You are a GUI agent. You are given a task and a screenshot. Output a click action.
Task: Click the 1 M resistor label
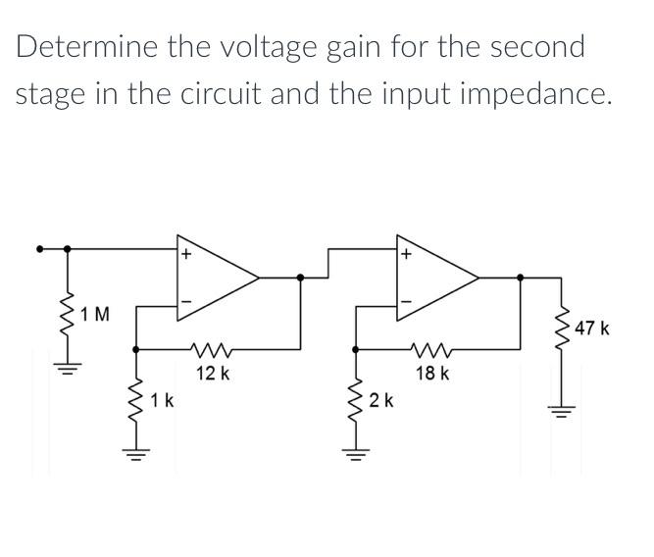(x=96, y=315)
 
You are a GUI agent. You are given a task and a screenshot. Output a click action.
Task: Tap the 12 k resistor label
(x=213, y=374)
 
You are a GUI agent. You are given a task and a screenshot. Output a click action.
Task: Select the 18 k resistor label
(x=431, y=374)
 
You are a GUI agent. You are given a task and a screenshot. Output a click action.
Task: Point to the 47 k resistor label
(x=592, y=328)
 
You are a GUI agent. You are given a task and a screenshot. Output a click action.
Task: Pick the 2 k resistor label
(x=381, y=400)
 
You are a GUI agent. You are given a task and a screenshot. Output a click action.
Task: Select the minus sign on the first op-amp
(x=183, y=301)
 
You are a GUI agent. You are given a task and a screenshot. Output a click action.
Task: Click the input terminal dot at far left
(x=40, y=248)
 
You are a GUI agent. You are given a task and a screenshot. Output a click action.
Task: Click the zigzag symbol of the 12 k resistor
(x=213, y=349)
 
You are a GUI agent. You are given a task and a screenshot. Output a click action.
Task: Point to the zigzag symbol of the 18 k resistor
(x=432, y=349)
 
